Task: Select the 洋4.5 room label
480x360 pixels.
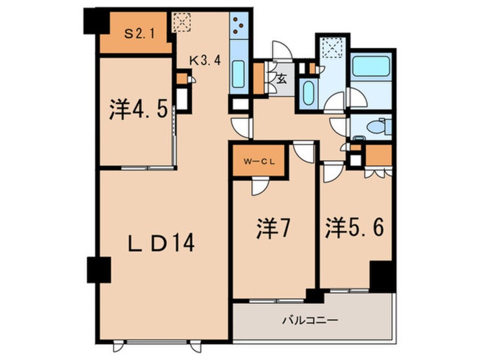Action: click(138, 109)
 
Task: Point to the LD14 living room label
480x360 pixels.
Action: click(161, 244)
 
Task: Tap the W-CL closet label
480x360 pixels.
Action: click(260, 161)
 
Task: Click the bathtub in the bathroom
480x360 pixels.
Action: click(369, 66)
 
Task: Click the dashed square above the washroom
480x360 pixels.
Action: click(330, 47)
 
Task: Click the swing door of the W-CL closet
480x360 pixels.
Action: click(260, 183)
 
